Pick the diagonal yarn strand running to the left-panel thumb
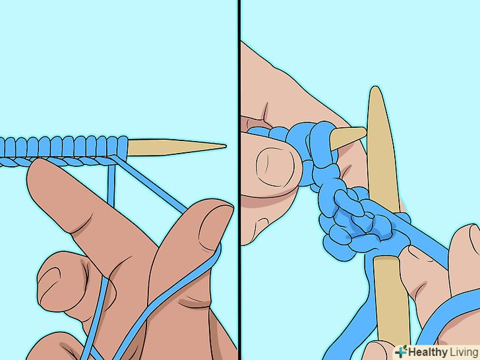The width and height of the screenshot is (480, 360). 150,184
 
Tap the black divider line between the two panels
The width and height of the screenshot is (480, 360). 239,180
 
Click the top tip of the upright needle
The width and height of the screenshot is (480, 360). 375,89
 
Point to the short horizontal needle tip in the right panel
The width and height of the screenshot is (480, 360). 348,137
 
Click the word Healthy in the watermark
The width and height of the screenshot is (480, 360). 427,352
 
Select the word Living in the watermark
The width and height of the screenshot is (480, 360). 464,352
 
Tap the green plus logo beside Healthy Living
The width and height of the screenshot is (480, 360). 401,351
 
